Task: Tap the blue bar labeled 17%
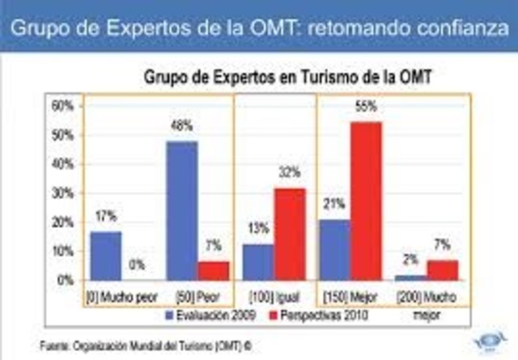105,255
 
